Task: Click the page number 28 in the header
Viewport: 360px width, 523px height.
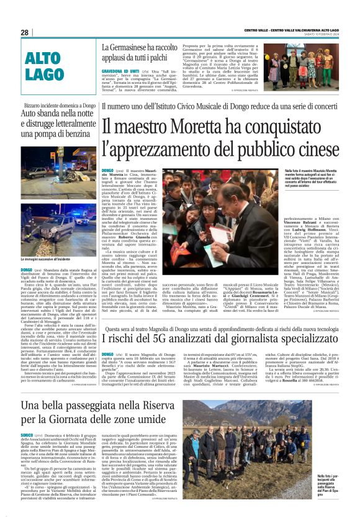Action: click(25, 32)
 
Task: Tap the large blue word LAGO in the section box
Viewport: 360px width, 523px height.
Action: click(45, 74)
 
